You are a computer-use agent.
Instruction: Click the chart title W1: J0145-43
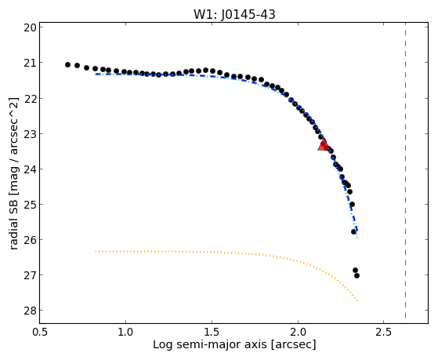234,14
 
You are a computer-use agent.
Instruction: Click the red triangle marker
324,145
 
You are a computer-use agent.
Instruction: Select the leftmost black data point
67,64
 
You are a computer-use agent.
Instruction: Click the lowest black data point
357,276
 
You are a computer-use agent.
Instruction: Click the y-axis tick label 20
30,27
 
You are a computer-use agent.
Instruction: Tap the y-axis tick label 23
30,133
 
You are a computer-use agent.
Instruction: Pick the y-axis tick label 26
30,240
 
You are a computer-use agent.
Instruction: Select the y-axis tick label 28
30,311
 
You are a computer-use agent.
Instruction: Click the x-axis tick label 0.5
41,332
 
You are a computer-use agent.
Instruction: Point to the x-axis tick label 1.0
126,332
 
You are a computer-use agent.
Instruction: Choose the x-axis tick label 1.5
212,332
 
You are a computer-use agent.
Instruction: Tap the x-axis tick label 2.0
298,332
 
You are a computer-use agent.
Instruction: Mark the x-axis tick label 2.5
384,332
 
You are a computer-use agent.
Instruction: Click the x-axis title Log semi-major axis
210,344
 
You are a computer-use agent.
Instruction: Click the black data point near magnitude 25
353,204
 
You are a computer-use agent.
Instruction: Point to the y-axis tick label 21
30,63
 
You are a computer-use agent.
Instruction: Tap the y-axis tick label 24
30,169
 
